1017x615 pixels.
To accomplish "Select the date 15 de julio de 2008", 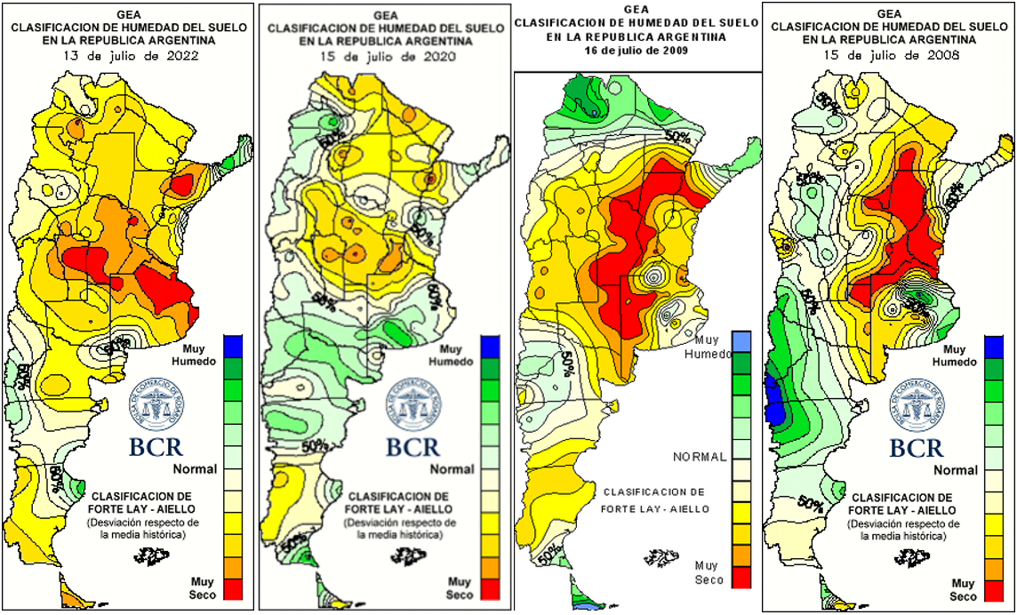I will point(889,55).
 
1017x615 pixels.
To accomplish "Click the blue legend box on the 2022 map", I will point(233,344).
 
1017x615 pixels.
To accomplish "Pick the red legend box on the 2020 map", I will point(490,588).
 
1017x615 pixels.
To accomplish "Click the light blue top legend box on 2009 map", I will point(741,340).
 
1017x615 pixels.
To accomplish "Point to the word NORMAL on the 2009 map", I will point(700,457).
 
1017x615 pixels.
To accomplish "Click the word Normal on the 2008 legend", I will point(956,469).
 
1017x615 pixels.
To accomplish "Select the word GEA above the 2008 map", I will point(888,13).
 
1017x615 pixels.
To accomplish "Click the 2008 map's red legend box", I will point(996,588).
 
